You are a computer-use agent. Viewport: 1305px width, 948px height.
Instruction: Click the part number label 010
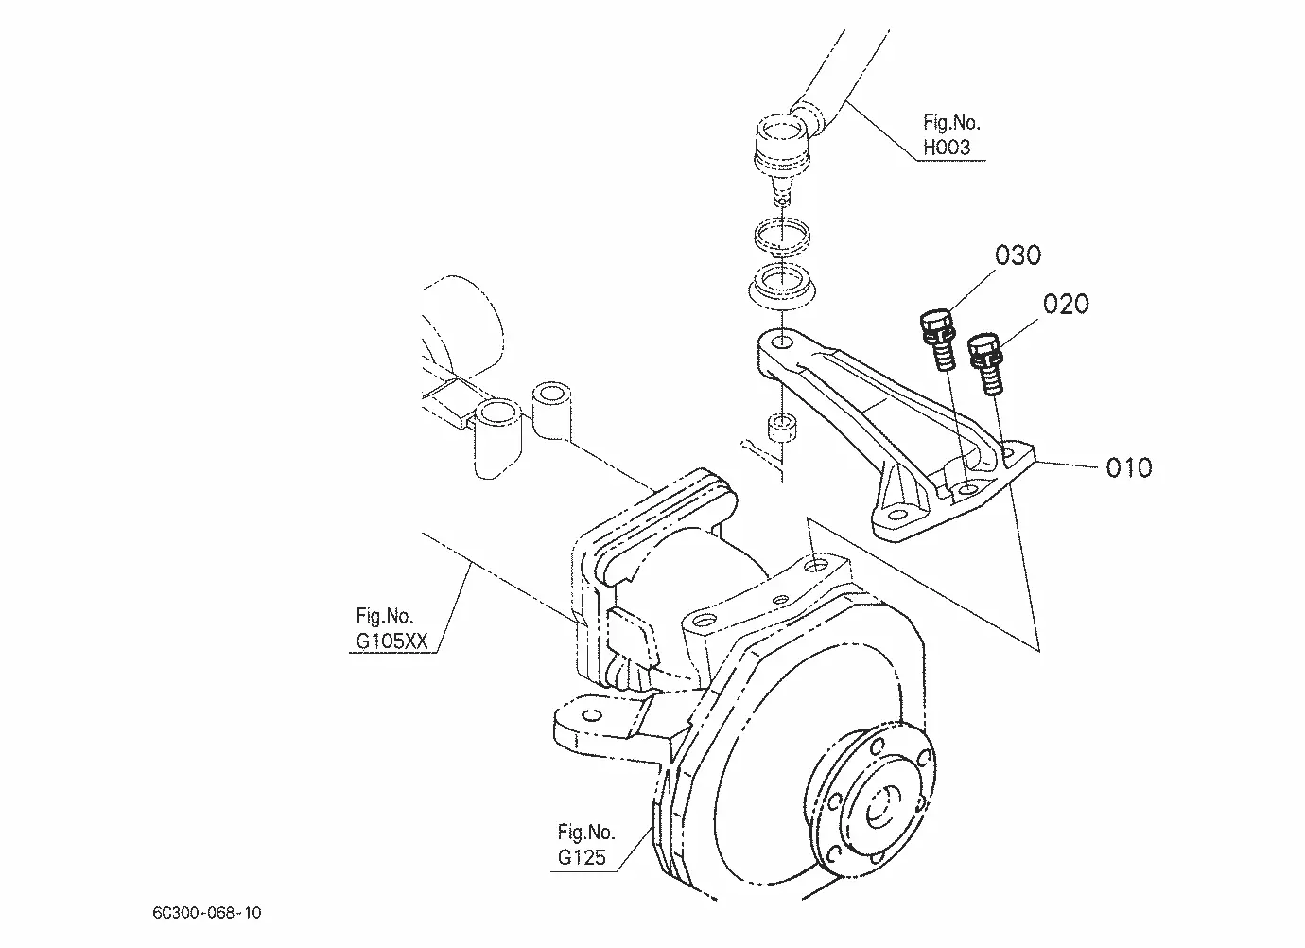1128,467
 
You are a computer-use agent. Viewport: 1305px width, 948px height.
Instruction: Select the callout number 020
1066,305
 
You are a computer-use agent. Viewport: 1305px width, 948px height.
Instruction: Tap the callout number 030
1018,255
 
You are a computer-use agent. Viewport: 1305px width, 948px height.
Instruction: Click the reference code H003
947,148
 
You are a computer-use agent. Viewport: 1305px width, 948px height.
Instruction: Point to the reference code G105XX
391,641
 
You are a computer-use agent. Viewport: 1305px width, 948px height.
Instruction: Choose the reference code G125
582,857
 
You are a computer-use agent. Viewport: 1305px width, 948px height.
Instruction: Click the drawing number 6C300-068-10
207,912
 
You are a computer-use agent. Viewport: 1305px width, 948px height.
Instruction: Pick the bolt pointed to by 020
985,362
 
